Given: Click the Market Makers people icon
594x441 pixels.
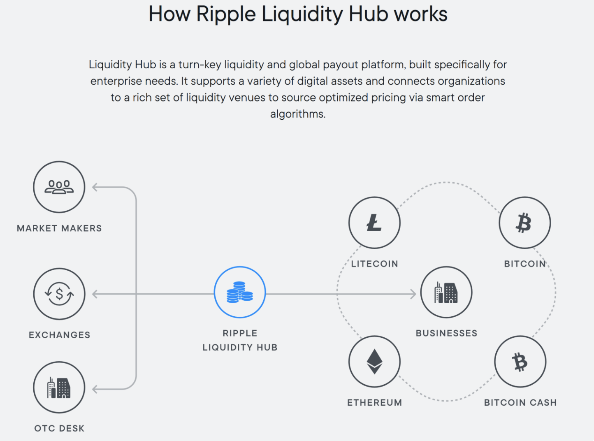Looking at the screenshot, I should click(59, 187).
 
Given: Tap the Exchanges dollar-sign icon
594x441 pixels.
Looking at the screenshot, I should click(59, 294).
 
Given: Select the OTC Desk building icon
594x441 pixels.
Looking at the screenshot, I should click(59, 388).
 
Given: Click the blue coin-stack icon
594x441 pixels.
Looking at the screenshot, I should click(240, 292).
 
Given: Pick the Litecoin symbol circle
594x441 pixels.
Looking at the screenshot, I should click(374, 223).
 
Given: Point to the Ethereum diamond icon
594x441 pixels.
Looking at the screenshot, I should click(374, 362).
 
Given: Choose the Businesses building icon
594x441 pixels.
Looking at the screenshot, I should click(446, 292).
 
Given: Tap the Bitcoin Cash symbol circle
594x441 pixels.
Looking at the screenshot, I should click(520, 362).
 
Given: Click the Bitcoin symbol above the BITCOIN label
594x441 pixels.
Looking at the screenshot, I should click(524, 223).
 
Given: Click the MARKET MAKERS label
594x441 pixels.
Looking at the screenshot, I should click(59, 228).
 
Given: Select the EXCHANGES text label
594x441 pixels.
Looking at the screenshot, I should click(59, 335).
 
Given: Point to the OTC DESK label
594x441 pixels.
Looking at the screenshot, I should click(59, 428).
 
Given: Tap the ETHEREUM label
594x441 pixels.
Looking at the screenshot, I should click(374, 402).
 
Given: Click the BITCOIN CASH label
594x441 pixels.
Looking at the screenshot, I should click(520, 402).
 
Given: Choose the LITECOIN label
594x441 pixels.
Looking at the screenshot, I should click(374, 264).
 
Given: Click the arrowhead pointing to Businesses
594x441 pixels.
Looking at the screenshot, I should click(413, 294).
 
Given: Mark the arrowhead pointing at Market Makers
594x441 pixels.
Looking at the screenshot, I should click(95, 187).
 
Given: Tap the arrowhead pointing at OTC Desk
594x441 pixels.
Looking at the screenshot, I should click(95, 389).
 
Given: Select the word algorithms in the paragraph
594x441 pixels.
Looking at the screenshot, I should click(297, 114).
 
